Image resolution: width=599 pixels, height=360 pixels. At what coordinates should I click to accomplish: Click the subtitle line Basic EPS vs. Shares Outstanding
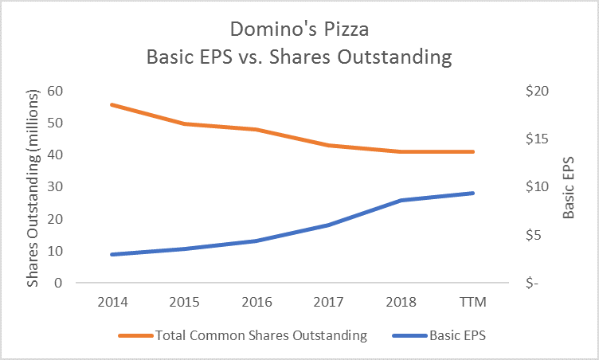299,57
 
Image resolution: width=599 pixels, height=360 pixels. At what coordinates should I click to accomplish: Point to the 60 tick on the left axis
56,91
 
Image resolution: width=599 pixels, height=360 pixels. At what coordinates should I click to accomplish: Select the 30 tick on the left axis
56,186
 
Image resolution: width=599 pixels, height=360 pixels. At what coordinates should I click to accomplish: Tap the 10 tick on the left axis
56,251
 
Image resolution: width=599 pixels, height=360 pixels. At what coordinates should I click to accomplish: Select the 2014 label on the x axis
111,303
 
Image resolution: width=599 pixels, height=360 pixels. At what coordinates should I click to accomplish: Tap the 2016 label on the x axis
256,303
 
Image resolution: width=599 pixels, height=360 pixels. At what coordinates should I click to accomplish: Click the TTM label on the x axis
472,303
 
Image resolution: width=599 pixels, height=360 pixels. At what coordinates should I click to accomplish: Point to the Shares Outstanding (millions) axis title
33,186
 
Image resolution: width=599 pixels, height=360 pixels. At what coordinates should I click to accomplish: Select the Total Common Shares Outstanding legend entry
262,335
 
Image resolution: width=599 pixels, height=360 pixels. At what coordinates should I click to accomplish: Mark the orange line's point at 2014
111,104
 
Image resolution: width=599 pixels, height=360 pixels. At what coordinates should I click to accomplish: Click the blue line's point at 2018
401,200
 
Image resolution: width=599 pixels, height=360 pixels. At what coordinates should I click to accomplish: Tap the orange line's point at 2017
328,145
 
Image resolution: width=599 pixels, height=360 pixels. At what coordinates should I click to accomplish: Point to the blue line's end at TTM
473,193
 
